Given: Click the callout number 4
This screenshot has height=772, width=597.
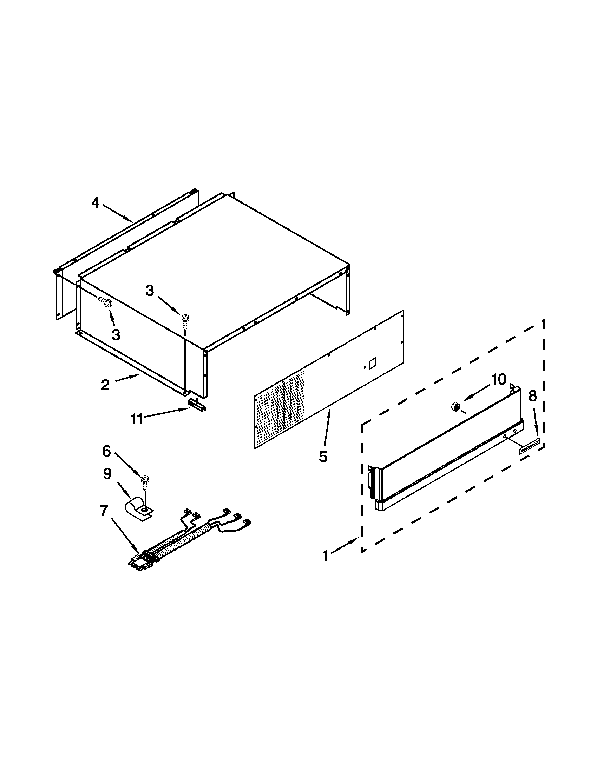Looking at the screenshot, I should pyautogui.click(x=96, y=203).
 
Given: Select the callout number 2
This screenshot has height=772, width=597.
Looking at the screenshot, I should pyautogui.click(x=105, y=385).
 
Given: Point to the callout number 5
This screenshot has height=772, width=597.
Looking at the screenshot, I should pyautogui.click(x=322, y=457).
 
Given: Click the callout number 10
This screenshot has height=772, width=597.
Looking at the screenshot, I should pyautogui.click(x=498, y=380).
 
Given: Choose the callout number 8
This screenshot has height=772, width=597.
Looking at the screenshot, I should pyautogui.click(x=533, y=396).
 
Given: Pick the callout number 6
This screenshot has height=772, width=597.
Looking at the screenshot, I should pyautogui.click(x=106, y=451).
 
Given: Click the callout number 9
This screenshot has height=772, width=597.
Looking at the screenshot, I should pyautogui.click(x=107, y=474).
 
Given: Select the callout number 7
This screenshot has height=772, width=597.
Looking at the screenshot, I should pyautogui.click(x=104, y=511).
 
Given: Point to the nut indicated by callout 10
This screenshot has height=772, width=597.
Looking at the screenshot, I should pyautogui.click(x=455, y=407).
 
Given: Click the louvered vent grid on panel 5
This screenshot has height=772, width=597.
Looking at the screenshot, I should pyautogui.click(x=280, y=414).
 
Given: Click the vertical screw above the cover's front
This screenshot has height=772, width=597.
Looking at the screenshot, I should pyautogui.click(x=184, y=320).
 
